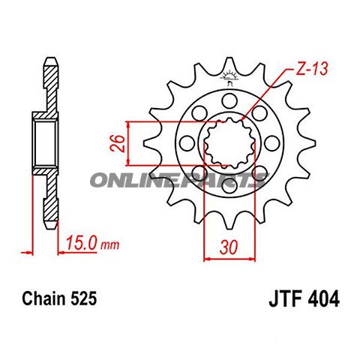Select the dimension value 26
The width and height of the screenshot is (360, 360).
115,142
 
